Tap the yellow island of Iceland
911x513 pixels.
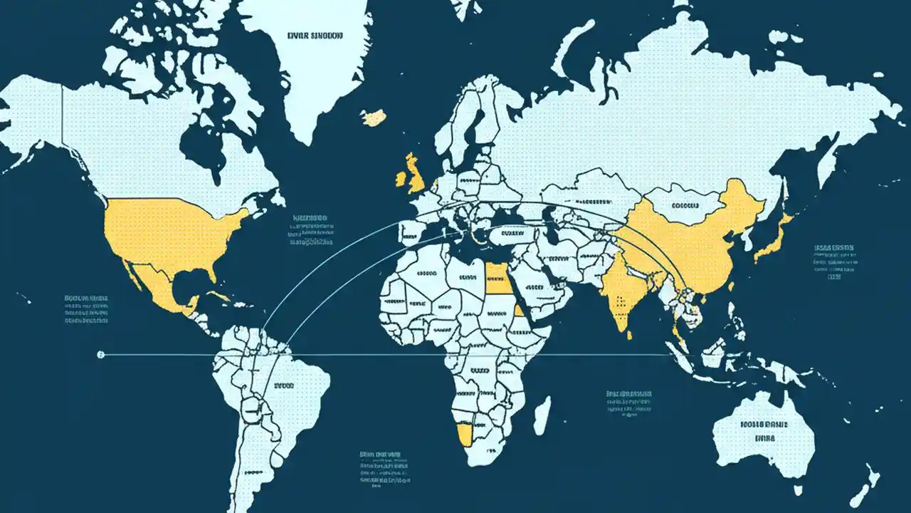tap(374, 117)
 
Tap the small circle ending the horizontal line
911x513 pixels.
tap(100, 354)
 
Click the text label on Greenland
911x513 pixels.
tap(315, 34)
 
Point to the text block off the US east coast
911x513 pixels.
tap(311, 229)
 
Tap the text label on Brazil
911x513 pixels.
tap(283, 385)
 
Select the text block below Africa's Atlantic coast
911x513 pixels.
tap(381, 467)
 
